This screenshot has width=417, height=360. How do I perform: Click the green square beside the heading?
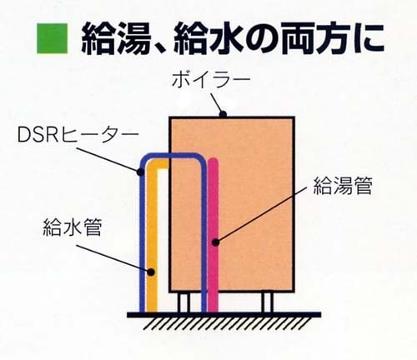(53, 38)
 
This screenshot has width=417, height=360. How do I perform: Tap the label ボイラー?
(211, 81)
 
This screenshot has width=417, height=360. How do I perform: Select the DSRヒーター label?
(78, 135)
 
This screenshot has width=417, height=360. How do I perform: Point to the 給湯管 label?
(343, 186)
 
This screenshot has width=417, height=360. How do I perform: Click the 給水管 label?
(73, 227)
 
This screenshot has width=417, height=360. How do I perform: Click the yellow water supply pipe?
(152, 239)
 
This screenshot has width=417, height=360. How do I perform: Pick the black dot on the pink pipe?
(215, 242)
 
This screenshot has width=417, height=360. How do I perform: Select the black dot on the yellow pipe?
(151, 272)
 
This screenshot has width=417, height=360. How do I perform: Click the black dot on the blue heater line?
(141, 172)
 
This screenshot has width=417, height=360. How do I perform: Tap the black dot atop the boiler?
(223, 113)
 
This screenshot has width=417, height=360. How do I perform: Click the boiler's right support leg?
(268, 302)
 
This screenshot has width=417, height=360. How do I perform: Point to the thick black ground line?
(224, 315)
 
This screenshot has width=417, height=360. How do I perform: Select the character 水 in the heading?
(226, 39)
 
